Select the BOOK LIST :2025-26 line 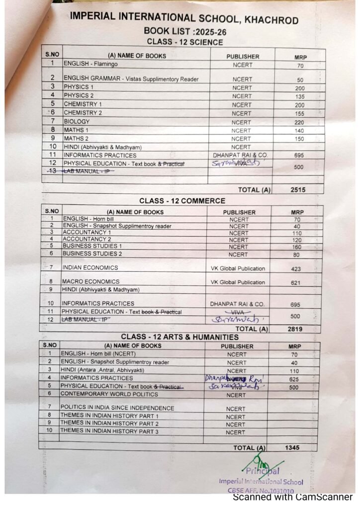pyautogui.click(x=183, y=31)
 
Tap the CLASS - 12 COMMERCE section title pyautogui.click(x=182, y=201)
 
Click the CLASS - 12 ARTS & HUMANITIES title pyautogui.click(x=180, y=337)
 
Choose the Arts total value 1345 pyautogui.click(x=292, y=448)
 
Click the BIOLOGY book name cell pyautogui.click(x=77, y=122)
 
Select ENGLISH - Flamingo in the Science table pyautogui.click(x=90, y=64)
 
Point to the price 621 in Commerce pyautogui.click(x=296, y=282)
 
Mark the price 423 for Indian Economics pyautogui.click(x=297, y=268)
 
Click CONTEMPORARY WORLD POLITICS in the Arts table pyautogui.click(x=109, y=394)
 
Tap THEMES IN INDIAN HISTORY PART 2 pyautogui.click(x=109, y=424)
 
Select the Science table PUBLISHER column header pyautogui.click(x=243, y=56)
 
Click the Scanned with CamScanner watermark pyautogui.click(x=293, y=497)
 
